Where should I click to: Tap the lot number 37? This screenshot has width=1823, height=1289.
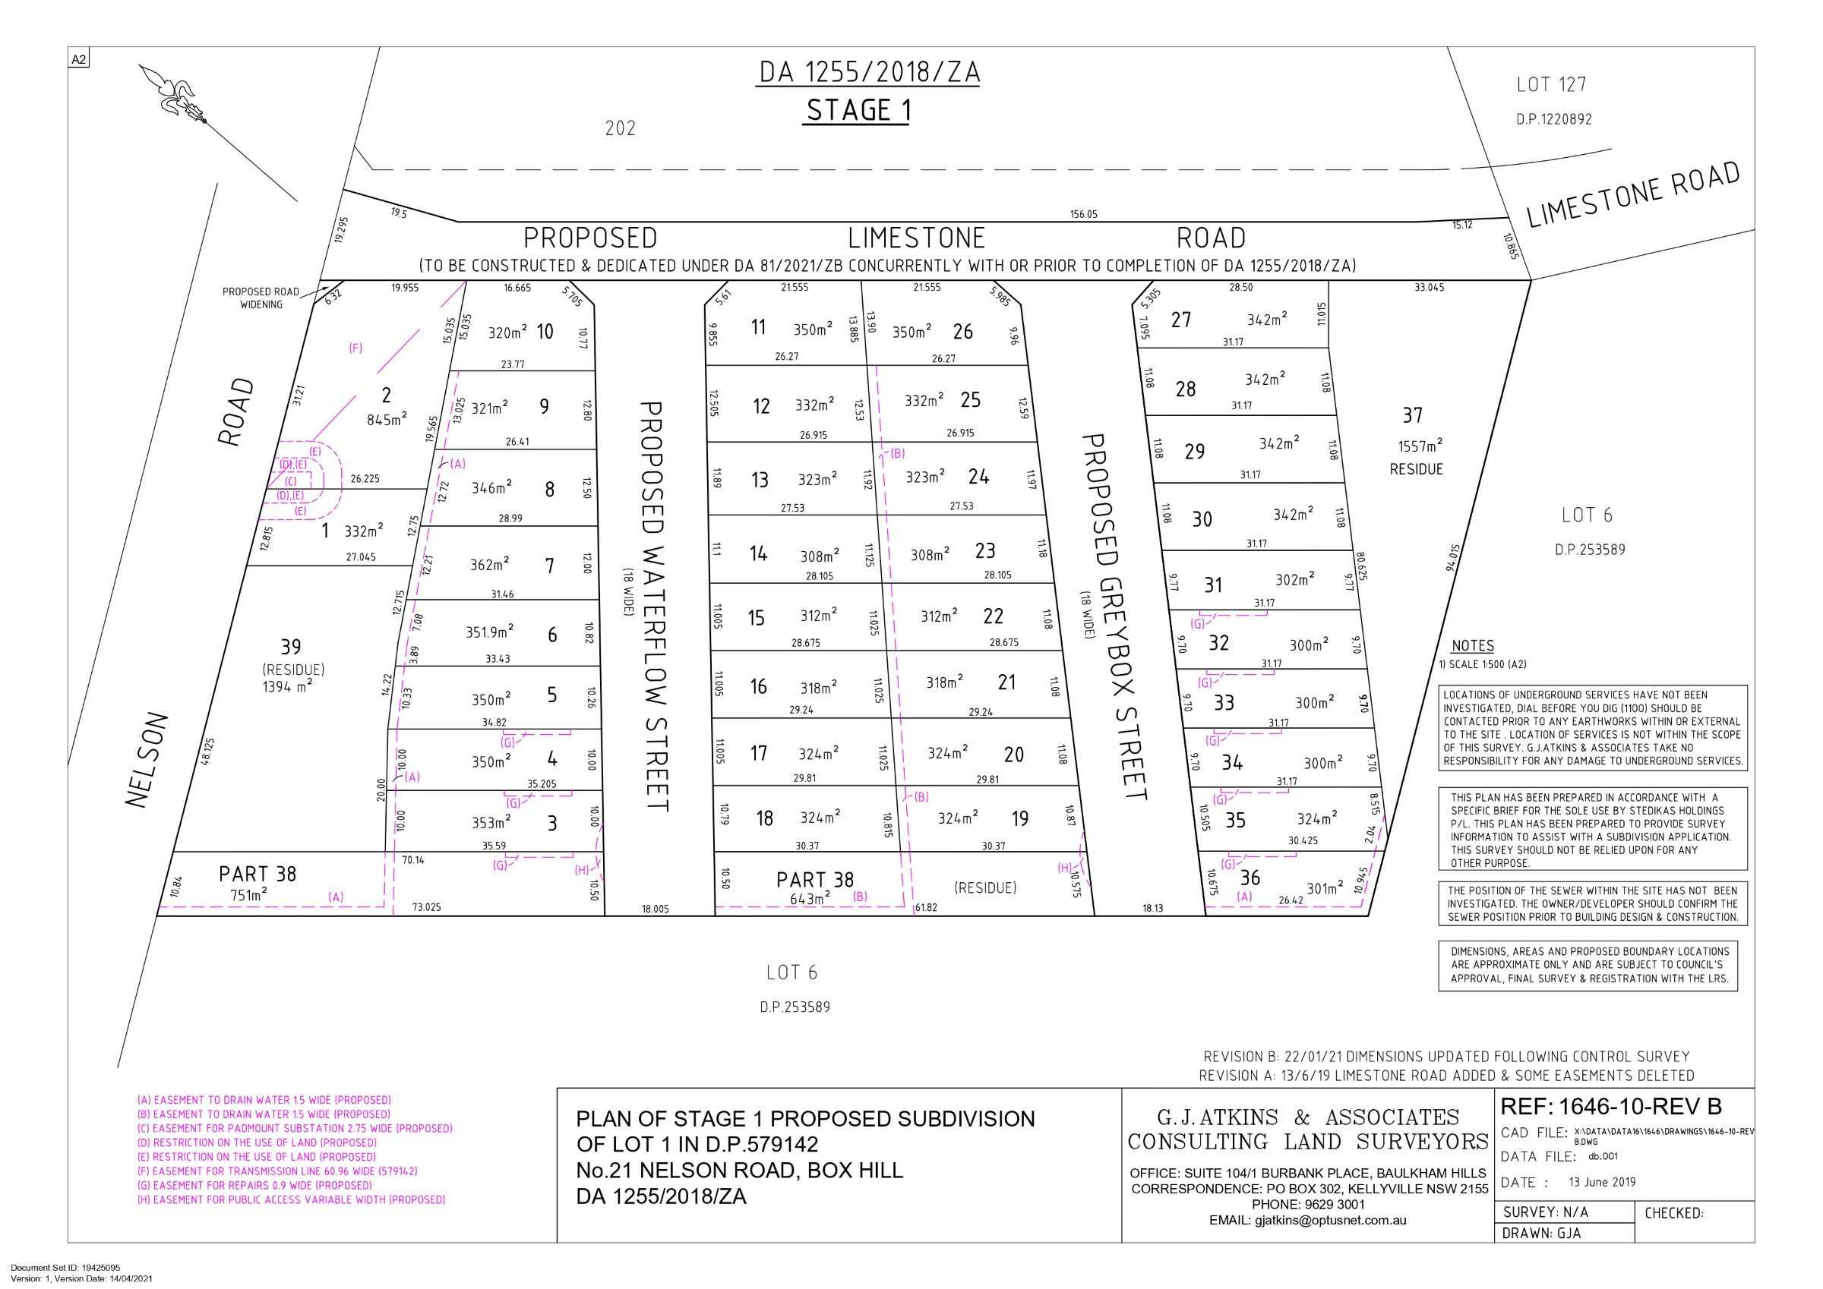coord(1412,415)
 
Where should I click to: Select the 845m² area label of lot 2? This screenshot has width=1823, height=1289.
coord(387,419)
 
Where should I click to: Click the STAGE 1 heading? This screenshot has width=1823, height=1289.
coord(858,110)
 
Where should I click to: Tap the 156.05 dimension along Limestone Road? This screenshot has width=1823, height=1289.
coord(1083,214)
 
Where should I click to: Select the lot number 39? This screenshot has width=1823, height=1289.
coord(291,647)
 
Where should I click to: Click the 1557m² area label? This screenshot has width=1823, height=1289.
coord(1420,446)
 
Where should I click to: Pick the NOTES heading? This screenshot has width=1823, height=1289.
coord(1472,646)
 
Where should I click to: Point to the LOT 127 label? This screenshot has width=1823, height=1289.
coord(1550,84)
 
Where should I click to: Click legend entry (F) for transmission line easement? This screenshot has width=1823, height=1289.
coord(277,1171)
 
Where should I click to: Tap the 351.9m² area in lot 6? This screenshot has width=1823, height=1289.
coord(489,632)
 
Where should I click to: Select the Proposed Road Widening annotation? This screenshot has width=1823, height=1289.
coord(261,298)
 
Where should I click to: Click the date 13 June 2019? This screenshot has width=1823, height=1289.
coord(1602,1182)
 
